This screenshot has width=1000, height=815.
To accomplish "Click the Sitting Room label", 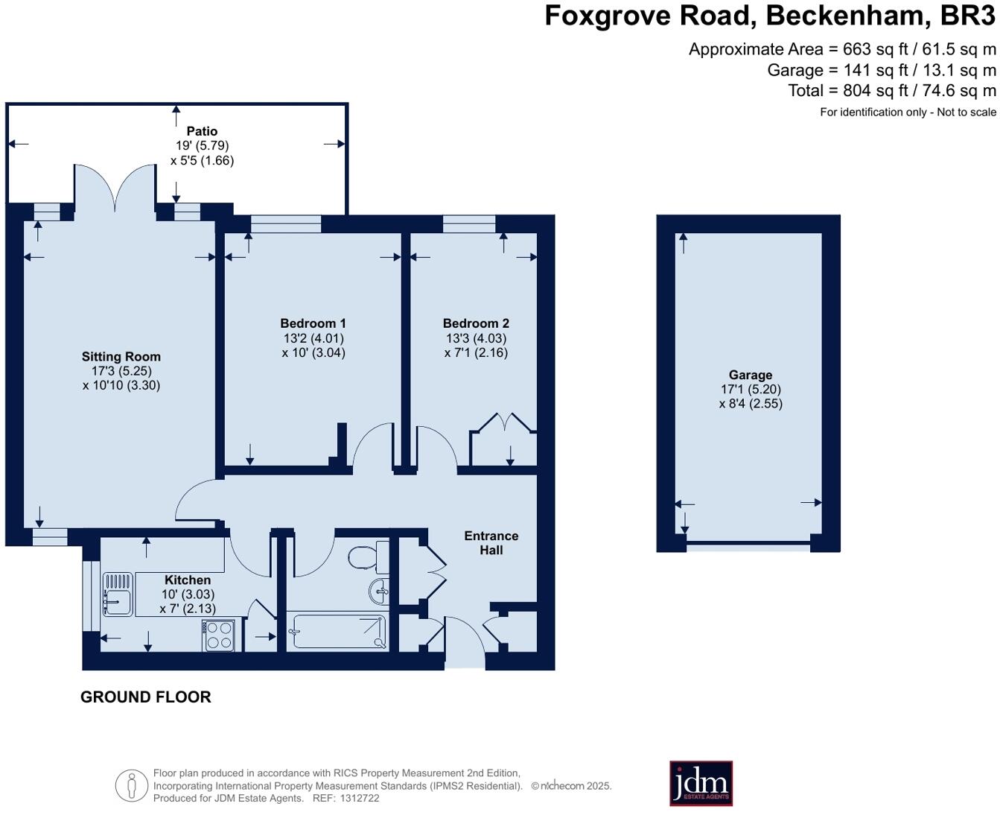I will pos(121,357).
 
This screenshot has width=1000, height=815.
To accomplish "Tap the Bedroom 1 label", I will pos(313,323).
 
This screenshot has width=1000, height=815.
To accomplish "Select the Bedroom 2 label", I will pos(476,323).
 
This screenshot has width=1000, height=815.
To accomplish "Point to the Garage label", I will pos(750,375).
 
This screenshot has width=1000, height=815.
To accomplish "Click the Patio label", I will pos(202,131).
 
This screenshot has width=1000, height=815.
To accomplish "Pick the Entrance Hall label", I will pos(491,543).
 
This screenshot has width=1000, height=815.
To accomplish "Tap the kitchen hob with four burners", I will pos(218,635).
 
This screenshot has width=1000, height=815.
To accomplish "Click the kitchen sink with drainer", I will pos(118,594).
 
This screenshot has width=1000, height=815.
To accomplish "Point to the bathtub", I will pos(337,632).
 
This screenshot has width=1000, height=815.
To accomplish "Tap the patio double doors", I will pos(115,186).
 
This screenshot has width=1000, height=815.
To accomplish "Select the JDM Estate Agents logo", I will pos(701,783).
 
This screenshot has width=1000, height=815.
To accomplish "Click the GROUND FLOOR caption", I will pos(146,697).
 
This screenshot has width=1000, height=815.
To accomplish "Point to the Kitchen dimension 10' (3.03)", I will pos(188,594).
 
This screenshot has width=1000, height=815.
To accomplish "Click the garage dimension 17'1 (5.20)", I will pos(751,390).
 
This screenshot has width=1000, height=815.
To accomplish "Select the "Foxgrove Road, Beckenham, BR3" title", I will pos(770,16).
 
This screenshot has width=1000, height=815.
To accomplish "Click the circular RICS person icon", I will pos(132,786).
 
